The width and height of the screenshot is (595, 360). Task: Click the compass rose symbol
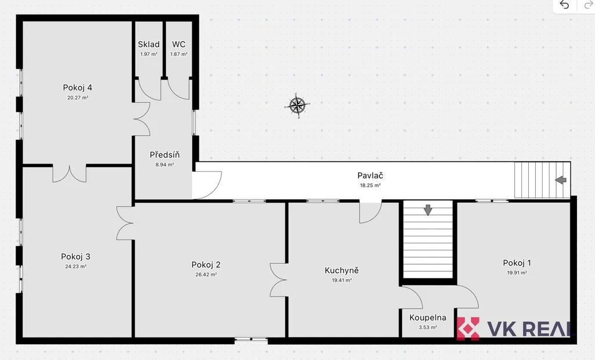point(297,106)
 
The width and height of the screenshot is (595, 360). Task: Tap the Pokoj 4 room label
point(77,88)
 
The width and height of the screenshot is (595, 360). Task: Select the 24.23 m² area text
point(76,267)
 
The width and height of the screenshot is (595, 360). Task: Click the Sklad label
point(149,44)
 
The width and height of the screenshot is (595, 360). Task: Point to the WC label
point(179,44)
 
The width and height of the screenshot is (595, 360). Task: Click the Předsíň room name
point(164,155)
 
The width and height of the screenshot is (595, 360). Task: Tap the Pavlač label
point(370,175)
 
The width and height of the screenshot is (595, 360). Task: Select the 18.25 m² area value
point(370,185)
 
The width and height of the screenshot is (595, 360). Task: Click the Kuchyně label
point(342,271)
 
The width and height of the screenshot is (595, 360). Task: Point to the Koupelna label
point(428,318)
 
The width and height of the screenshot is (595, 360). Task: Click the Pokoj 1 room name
point(517,263)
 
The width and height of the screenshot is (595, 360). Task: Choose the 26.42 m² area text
point(206,275)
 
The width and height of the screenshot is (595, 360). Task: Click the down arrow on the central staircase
point(428,210)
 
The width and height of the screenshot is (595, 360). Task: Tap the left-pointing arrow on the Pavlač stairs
point(561,180)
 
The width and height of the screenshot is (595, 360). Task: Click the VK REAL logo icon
point(468,329)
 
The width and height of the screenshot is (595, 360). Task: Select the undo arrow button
point(564,5)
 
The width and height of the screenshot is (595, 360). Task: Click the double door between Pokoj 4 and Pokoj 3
point(70,174)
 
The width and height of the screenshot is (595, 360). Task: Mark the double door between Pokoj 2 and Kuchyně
point(278,280)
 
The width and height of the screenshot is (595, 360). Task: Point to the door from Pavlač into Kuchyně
point(371,213)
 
